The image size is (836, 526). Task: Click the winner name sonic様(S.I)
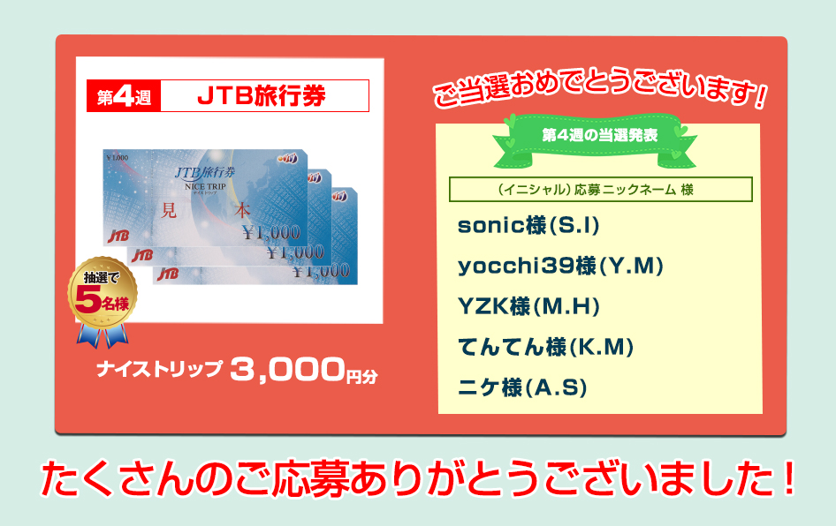pos(528,225)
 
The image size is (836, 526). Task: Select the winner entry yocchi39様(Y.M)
pos(560,266)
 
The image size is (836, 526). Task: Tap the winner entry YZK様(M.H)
pos(528,306)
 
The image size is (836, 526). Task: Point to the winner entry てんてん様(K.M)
pos(546,347)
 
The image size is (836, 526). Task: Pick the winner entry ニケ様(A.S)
pos(522,387)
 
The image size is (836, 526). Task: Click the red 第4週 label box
pos(124,96)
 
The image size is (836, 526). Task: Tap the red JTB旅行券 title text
pos(262,96)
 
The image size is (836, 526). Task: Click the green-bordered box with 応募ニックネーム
pos(600,190)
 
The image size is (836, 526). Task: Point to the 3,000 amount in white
pos(287,370)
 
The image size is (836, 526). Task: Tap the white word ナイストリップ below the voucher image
pos(159,369)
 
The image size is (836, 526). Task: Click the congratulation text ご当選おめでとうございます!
pos(600,88)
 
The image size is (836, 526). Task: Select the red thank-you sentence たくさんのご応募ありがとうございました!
pos(419,477)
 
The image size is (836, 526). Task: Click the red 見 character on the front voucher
pos(169,210)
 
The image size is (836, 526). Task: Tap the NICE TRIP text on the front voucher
pos(205,187)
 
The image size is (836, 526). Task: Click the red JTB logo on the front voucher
pos(118,236)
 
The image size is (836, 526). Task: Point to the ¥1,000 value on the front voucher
pos(271,233)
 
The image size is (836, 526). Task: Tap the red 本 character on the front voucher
pos(243,211)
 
